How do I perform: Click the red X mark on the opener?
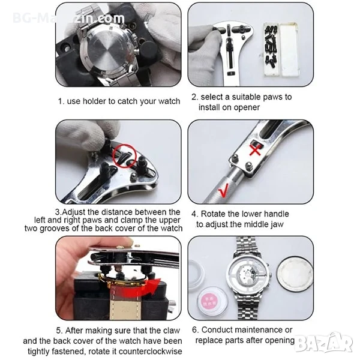[255, 150]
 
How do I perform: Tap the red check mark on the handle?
[223, 190]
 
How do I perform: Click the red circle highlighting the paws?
[125, 156]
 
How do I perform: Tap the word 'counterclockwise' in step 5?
[150, 351]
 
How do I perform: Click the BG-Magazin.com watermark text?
[68, 18]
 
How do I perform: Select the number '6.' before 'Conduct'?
[195, 330]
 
